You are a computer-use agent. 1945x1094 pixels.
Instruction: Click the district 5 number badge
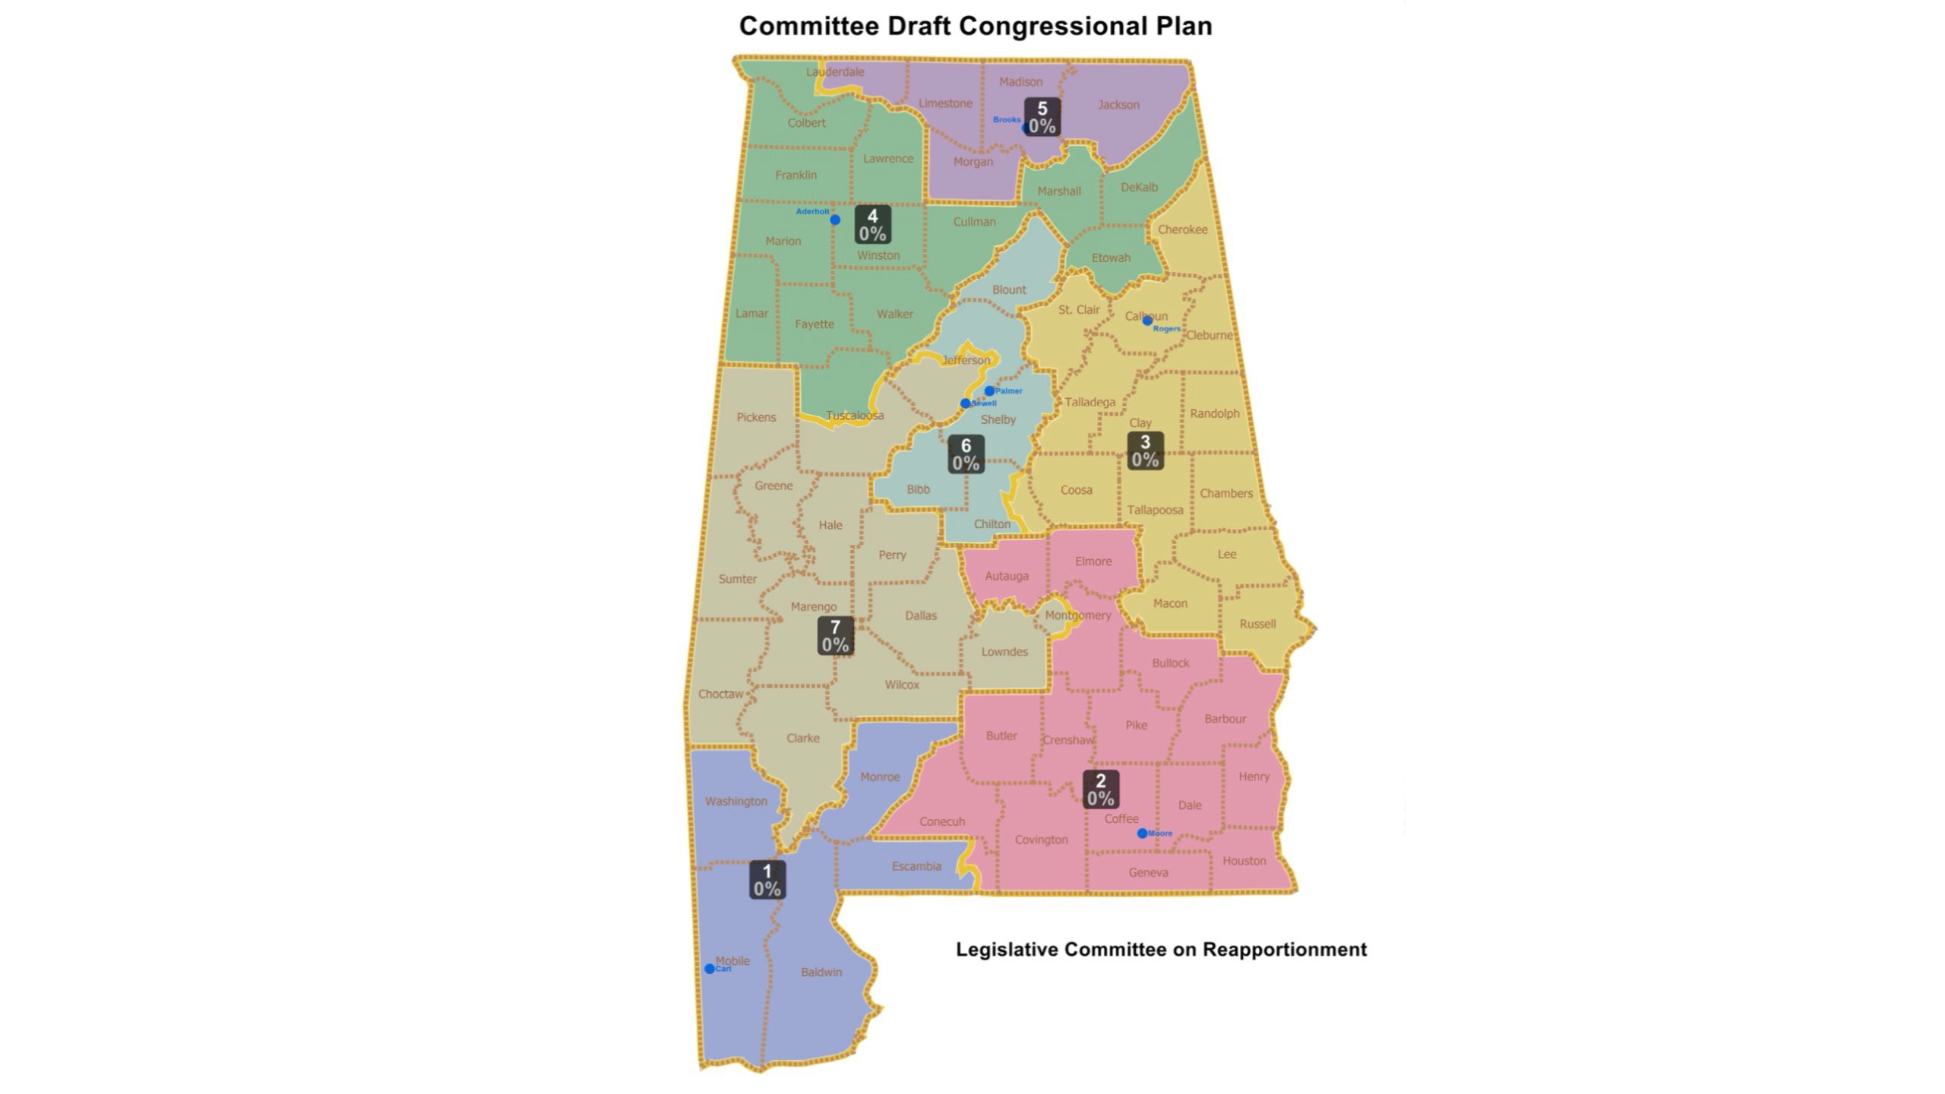(x=1042, y=117)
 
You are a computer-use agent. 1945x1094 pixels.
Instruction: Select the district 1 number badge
(x=767, y=880)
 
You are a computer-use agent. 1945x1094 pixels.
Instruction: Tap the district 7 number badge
(x=835, y=636)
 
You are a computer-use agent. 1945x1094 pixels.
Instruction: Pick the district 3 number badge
(x=1145, y=451)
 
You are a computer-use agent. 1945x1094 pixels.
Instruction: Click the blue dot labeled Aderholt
(x=835, y=220)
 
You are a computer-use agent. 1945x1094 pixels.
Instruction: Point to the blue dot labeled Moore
(x=1142, y=833)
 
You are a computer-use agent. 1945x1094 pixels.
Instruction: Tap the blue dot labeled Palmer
(x=989, y=390)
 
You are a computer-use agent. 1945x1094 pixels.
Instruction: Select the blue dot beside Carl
(x=710, y=969)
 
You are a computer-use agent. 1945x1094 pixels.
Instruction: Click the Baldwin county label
(x=821, y=972)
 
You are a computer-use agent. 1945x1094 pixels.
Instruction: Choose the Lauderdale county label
(x=835, y=71)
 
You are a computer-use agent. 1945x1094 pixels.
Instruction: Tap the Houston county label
(x=1244, y=861)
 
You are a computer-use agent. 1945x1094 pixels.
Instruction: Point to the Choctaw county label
(x=720, y=694)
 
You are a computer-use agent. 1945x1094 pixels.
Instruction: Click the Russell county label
(x=1257, y=624)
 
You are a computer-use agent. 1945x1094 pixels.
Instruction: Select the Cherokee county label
(x=1182, y=229)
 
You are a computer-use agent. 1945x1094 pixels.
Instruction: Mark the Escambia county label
(x=916, y=866)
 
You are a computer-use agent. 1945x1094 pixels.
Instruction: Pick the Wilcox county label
(x=902, y=685)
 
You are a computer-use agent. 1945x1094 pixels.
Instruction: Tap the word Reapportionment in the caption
(x=1285, y=949)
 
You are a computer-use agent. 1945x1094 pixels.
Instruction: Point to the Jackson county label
(x=1118, y=105)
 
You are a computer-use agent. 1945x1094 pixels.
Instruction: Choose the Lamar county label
(x=751, y=313)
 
